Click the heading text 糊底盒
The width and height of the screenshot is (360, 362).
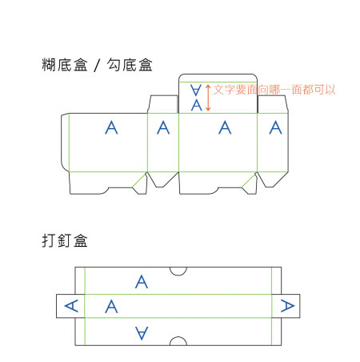pos(65,65)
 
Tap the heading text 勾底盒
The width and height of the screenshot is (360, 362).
pos(130,65)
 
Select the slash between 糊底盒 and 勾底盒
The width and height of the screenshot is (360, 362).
pos(98,66)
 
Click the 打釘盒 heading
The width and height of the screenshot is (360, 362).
pos(65,240)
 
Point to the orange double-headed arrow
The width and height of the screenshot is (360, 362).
pos(208,98)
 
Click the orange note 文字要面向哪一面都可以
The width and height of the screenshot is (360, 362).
pos(274,90)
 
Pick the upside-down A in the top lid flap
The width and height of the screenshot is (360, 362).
pos(196,90)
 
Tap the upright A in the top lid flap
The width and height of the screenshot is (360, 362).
pos(197,105)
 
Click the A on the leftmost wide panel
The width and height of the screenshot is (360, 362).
pos(111,127)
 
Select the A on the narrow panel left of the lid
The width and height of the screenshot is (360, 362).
pos(163,127)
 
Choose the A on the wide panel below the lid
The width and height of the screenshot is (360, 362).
pos(225,127)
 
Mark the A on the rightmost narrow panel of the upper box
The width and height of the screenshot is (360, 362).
pos(275,127)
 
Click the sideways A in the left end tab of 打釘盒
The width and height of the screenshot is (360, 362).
pos(71,306)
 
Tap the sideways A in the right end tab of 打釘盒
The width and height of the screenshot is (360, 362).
pos(288,306)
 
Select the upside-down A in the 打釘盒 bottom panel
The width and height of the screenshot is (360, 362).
pos(142,333)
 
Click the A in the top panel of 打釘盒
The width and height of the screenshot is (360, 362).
pos(142,282)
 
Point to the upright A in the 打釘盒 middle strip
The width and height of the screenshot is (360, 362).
pos(111,307)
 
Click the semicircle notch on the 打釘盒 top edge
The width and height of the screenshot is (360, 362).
pos(178,275)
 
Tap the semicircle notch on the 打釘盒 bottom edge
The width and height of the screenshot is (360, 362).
pos(178,337)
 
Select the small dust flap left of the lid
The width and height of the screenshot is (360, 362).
pos(163,104)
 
